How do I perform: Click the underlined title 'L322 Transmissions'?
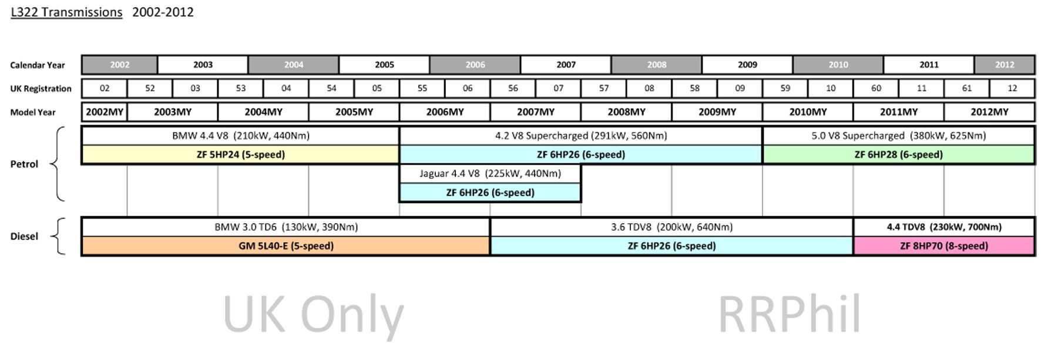[66, 12]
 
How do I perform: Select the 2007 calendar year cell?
[566, 65]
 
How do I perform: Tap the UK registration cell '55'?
[422, 88]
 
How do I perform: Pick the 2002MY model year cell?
[105, 112]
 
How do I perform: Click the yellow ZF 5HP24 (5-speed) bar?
[240, 154]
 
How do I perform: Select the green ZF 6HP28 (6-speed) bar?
[898, 154]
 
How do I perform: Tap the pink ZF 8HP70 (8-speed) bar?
[943, 245]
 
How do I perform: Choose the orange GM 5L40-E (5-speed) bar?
[286, 245]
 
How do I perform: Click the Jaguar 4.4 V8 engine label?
[490, 173]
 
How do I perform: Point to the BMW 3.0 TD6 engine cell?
[286, 227]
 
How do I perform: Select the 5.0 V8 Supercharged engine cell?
[898, 136]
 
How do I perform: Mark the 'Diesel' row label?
[24, 236]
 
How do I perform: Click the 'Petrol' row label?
[24, 164]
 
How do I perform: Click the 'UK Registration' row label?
[41, 89]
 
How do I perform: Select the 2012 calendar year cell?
[1004, 65]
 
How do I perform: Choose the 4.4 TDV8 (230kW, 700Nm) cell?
[943, 227]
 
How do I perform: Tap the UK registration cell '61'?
[966, 88]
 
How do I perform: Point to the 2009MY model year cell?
[717, 112]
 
